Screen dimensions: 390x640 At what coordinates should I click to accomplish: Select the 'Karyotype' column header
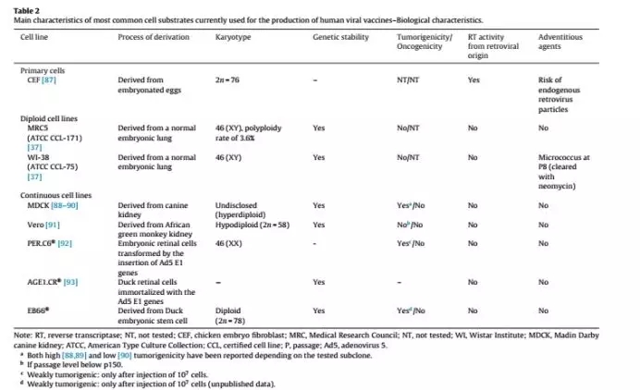tap(231, 37)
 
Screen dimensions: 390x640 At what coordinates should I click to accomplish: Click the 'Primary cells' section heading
tap(43, 70)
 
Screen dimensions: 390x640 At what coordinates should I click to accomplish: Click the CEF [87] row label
tap(44, 80)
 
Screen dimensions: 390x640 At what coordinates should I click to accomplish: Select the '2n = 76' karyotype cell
tap(228, 80)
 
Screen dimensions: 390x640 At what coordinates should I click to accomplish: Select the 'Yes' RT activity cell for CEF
tap(473, 80)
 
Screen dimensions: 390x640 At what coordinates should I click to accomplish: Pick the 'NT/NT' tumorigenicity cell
tap(404, 80)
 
